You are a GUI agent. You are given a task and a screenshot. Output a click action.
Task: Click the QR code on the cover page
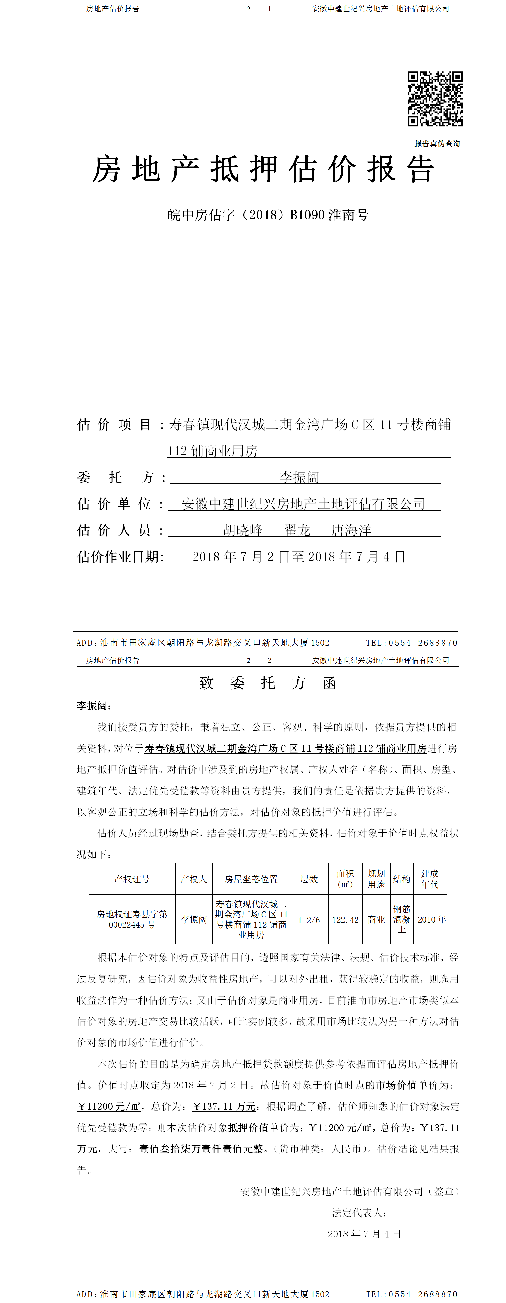tap(435, 99)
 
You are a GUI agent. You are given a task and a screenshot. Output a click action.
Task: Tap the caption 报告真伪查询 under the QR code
tap(437, 144)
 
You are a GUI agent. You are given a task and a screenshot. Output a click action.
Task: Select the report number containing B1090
tap(268, 215)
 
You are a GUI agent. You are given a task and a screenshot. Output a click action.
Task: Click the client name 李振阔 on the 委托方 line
tap(299, 477)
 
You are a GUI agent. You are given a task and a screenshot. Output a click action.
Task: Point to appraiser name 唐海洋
tap(351, 530)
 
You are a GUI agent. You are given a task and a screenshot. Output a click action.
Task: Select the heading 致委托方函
tap(268, 683)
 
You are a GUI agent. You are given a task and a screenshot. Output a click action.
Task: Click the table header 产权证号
tap(132, 879)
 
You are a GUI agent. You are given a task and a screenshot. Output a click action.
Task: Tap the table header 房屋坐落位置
tap(251, 879)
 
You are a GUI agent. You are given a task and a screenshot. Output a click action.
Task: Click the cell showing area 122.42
tap(345, 920)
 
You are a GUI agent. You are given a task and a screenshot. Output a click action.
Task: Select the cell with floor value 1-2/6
tap(309, 920)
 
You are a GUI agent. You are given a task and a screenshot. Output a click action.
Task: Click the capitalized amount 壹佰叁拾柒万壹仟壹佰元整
tap(201, 1149)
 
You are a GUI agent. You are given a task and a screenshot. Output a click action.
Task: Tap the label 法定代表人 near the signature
tap(359, 1212)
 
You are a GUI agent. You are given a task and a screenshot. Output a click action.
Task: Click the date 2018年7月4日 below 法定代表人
tap(364, 1234)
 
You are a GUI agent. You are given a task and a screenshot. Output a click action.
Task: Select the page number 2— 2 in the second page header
tap(259, 660)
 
